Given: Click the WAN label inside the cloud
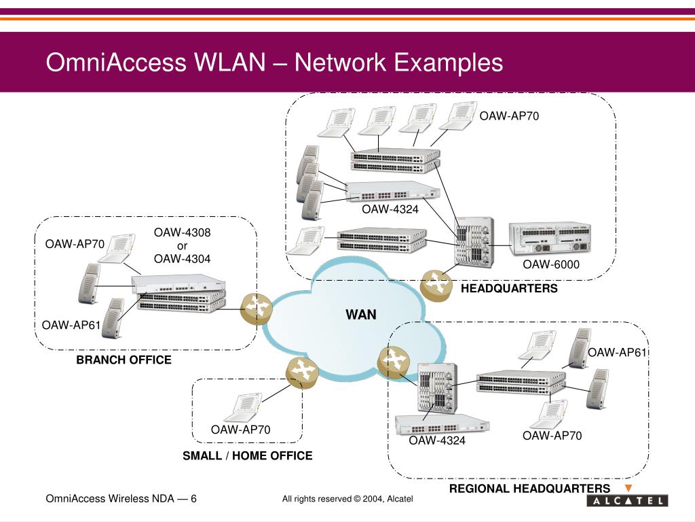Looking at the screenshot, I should [360, 315].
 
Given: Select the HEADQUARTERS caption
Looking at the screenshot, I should [509, 289].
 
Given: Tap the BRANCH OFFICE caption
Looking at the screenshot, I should [124, 360].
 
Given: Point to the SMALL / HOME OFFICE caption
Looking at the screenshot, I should [247, 456].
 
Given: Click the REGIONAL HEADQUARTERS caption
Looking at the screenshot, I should [529, 489].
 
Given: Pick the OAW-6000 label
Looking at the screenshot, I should [550, 264].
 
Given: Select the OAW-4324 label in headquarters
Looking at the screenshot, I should [390, 209].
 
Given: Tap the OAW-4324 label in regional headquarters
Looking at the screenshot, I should [437, 441].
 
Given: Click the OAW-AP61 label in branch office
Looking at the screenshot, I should [71, 325].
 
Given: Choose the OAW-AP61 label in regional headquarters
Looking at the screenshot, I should [618, 352].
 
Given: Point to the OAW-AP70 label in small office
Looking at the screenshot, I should [240, 430].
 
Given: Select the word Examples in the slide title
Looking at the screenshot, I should [449, 63].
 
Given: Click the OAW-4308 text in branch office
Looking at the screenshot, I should [182, 233].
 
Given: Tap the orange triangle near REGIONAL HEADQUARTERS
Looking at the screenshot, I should [628, 488].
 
